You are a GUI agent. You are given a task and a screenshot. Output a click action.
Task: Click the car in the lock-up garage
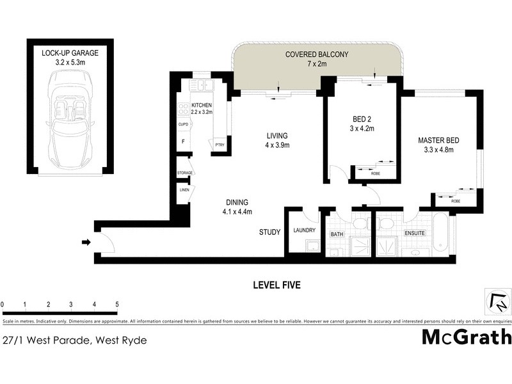[70, 122]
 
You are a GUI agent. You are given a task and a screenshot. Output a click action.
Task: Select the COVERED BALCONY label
[317, 54]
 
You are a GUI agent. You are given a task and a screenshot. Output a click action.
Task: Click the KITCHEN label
[202, 105]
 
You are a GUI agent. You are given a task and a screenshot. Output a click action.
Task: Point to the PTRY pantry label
[220, 145]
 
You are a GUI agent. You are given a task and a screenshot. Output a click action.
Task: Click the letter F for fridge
[184, 142]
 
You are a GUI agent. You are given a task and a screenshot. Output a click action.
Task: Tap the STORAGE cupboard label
[185, 173]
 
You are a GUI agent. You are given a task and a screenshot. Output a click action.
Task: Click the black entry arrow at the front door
[86, 242]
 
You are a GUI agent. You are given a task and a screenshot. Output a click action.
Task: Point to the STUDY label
[269, 232]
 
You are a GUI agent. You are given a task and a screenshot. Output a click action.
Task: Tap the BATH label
[337, 235]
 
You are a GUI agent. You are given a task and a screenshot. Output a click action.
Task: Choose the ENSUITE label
[415, 234]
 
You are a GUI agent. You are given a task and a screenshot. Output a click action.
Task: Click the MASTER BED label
[438, 141]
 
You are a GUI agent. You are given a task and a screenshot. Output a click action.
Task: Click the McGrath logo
[467, 336]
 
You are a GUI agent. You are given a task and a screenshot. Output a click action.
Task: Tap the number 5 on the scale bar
[117, 303]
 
